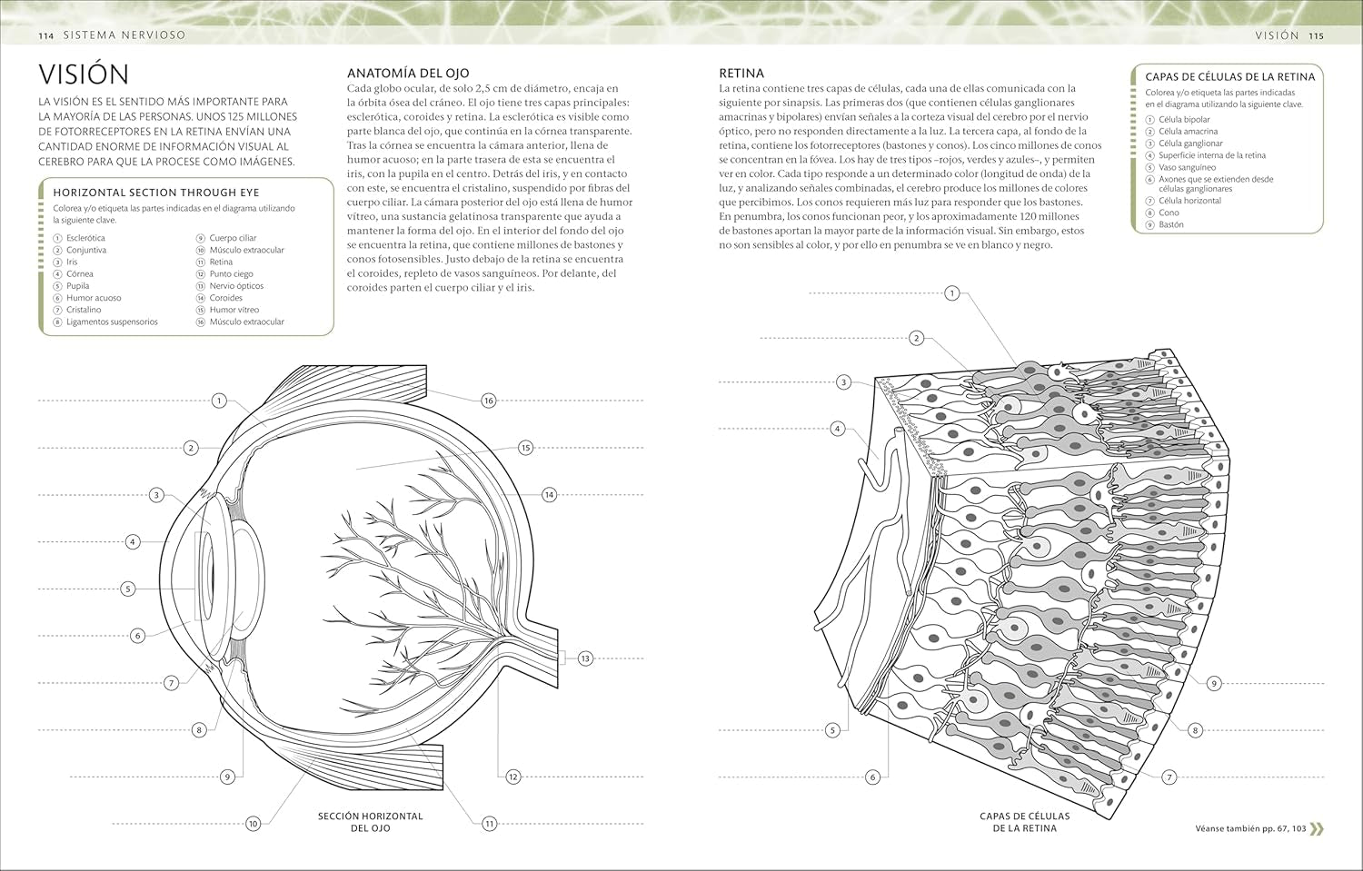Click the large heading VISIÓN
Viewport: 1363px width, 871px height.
pyautogui.click(x=84, y=74)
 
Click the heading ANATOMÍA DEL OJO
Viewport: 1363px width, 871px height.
pyautogui.click(x=408, y=73)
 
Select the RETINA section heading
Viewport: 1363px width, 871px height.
pyautogui.click(x=741, y=73)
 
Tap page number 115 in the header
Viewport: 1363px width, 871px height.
pyautogui.click(x=1316, y=35)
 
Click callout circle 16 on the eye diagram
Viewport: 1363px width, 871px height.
pyautogui.click(x=489, y=401)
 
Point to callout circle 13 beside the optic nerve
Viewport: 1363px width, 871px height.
pyautogui.click(x=584, y=658)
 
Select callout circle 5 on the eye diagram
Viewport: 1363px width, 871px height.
pyautogui.click(x=128, y=589)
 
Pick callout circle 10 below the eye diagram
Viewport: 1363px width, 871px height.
pyautogui.click(x=254, y=824)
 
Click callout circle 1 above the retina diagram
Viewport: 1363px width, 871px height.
pyautogui.click(x=951, y=292)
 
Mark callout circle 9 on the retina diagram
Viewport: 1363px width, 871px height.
pyautogui.click(x=1214, y=683)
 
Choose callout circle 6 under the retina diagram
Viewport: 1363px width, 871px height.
pyautogui.click(x=872, y=777)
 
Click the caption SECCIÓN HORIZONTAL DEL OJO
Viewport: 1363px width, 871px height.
pyautogui.click(x=370, y=822)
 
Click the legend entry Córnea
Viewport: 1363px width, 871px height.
pyautogui.click(x=79, y=273)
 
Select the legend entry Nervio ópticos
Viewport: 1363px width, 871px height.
pyautogui.click(x=236, y=286)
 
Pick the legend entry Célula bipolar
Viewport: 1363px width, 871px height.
pyautogui.click(x=1184, y=120)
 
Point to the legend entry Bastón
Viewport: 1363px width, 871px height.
pyautogui.click(x=1170, y=224)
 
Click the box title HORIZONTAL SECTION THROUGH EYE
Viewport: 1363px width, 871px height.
pyautogui.click(x=155, y=193)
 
